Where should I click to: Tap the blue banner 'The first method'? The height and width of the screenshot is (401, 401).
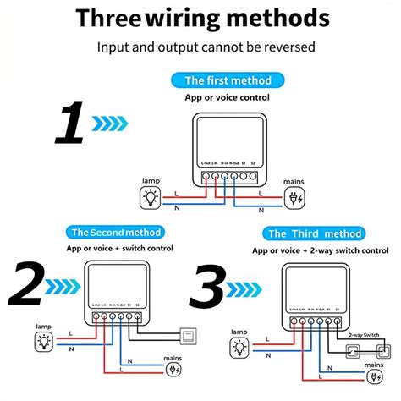click(228, 80)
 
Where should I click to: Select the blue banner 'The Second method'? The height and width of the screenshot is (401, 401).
click(116, 232)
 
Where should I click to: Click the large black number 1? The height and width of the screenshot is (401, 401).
click(69, 124)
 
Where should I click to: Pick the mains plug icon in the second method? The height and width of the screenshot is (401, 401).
click(174, 369)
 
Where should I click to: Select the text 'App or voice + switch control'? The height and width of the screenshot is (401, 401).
click(118, 249)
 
